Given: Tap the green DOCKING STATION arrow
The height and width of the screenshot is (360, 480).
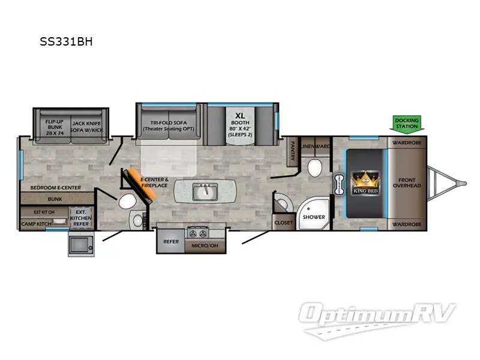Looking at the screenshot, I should [x=407, y=124].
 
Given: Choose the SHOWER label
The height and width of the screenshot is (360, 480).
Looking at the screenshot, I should [x=313, y=217].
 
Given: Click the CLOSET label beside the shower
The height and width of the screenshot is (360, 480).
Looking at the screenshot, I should [x=283, y=223].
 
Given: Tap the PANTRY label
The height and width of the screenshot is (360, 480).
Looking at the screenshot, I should [x=292, y=148].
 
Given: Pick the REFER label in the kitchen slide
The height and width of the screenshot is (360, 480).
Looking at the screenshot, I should [x=170, y=242].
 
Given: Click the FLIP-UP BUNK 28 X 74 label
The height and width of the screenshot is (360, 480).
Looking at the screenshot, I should [x=55, y=127].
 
